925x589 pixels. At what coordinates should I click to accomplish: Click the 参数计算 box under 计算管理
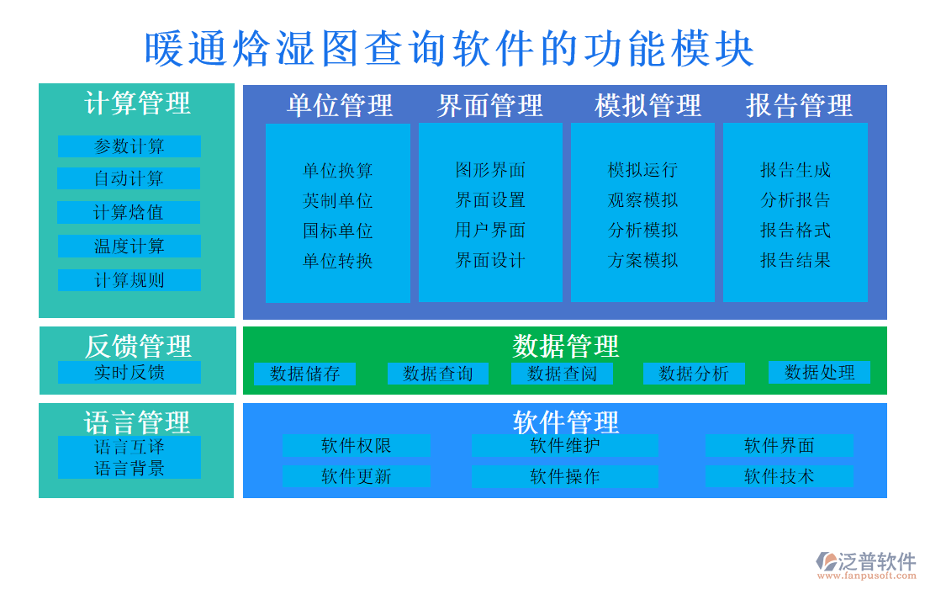click(x=129, y=146)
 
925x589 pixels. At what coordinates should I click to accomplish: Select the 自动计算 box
click(x=129, y=178)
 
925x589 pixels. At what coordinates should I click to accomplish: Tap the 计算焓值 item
click(x=129, y=212)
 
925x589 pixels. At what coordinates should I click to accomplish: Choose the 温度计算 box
click(x=129, y=247)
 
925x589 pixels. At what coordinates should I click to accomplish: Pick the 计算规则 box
click(x=129, y=280)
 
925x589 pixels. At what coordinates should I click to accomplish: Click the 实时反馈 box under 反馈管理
click(x=129, y=372)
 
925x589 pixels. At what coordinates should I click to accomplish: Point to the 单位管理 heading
click(x=340, y=105)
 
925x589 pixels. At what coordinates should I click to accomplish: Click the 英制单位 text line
click(x=338, y=200)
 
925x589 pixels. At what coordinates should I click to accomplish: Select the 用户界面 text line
click(x=490, y=230)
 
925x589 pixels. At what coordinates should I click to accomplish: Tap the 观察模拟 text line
click(x=642, y=200)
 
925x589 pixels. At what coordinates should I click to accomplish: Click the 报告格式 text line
click(x=795, y=230)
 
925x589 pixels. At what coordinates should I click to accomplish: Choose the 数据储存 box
click(x=304, y=374)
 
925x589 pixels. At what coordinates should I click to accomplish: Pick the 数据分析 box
click(x=694, y=374)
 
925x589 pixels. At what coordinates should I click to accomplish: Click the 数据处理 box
click(x=819, y=372)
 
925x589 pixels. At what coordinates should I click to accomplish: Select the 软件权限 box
click(x=356, y=445)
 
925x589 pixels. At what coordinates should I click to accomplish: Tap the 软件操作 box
click(x=565, y=476)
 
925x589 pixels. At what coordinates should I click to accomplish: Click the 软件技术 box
click(x=780, y=476)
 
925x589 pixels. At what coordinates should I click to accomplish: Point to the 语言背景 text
click(x=129, y=469)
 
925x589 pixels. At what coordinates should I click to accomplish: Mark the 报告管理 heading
click(x=799, y=105)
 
